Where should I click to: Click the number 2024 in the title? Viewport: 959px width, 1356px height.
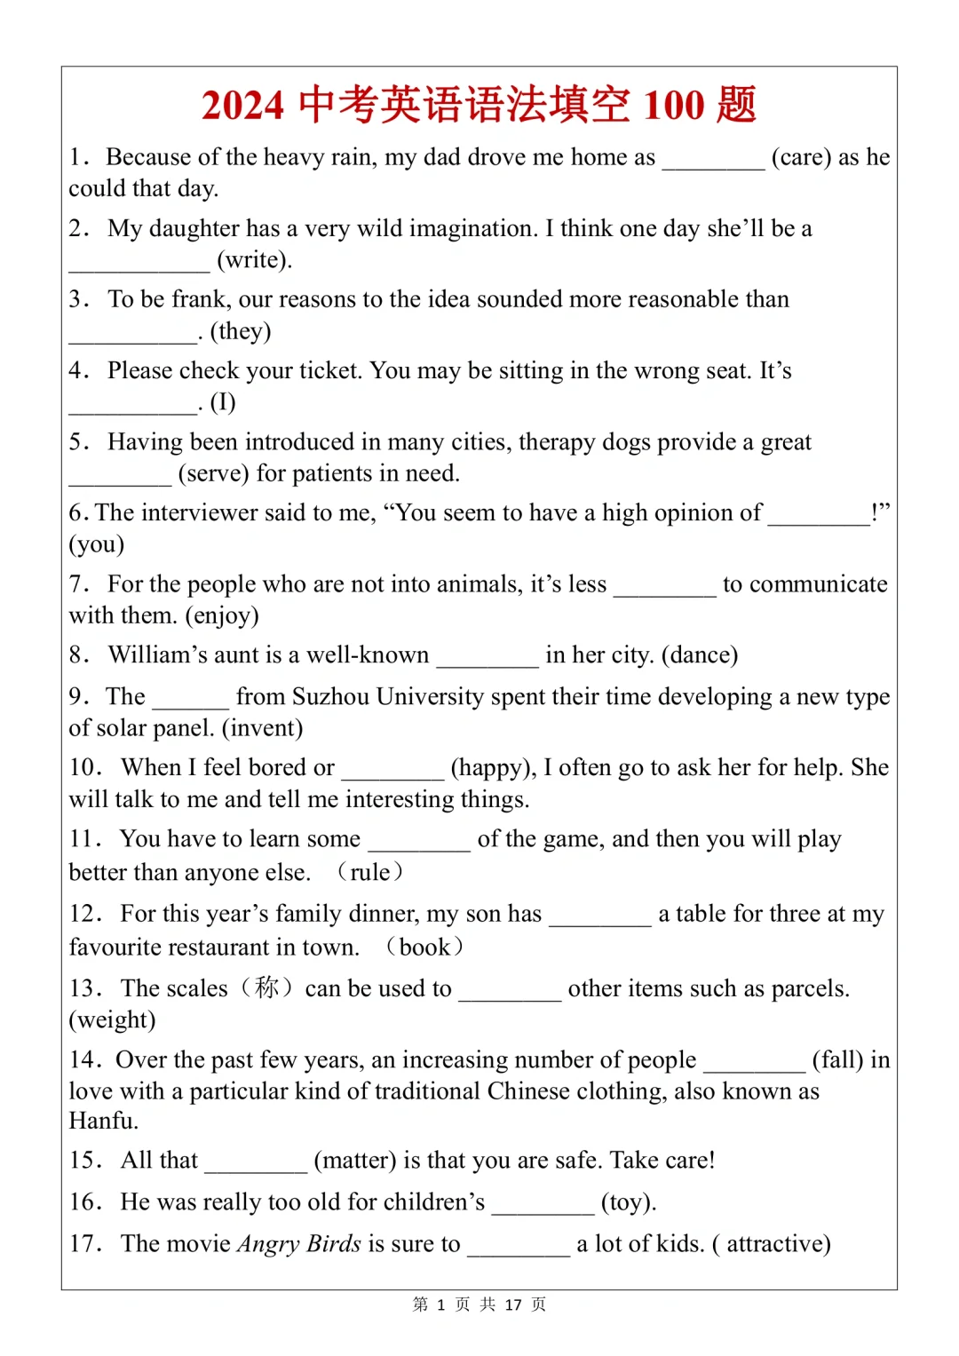242,105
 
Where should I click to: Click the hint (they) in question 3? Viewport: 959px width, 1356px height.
241,331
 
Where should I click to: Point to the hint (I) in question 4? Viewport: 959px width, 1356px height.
223,402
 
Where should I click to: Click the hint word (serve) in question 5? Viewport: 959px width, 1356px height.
213,473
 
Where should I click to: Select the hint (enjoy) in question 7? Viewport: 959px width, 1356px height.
222,615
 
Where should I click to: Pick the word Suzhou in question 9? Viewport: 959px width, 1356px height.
330,696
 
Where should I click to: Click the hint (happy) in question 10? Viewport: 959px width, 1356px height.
493,767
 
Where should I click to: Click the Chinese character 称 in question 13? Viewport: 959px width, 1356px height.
266,987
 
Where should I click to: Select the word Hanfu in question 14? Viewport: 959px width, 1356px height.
104,1121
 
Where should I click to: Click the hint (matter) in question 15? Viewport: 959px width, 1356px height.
355,1161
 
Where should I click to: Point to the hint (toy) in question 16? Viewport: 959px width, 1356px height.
629,1202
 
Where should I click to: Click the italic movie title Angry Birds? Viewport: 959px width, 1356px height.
299,1243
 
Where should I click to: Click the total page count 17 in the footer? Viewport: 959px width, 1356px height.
513,1304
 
